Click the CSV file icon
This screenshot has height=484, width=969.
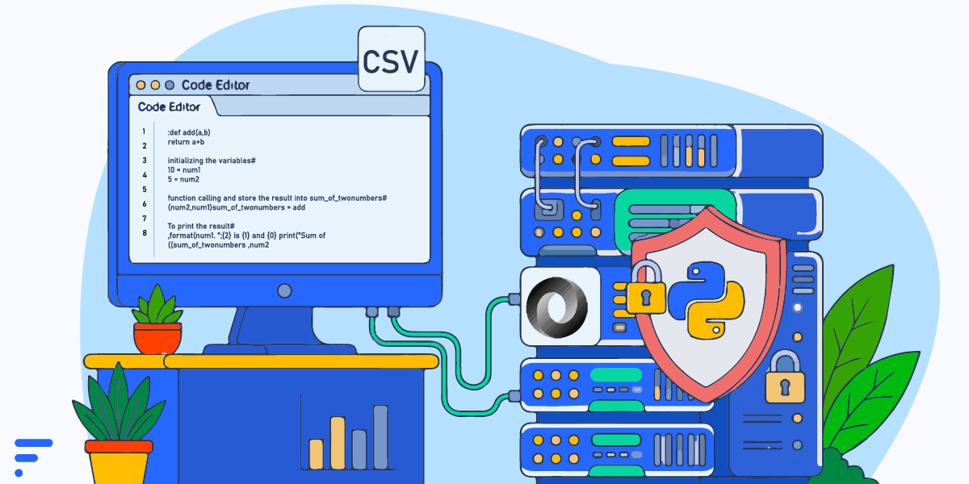[392, 59]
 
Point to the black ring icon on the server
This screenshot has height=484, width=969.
[557, 307]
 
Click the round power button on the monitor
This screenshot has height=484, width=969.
[284, 291]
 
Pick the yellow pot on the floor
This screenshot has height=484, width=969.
[119, 462]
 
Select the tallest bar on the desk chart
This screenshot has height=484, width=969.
[380, 437]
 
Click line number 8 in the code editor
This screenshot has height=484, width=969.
[145, 233]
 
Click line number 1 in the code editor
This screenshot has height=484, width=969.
[144, 131]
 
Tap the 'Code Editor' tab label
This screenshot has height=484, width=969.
[169, 106]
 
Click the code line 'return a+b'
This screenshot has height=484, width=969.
[186, 142]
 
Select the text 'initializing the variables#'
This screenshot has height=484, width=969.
[212, 161]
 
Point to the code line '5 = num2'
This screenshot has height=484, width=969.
[183, 179]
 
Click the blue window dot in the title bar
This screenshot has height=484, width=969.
[170, 86]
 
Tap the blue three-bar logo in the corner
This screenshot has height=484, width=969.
[33, 457]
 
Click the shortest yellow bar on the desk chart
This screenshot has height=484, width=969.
[317, 454]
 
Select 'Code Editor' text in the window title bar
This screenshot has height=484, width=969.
[216, 86]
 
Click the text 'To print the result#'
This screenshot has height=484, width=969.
[201, 226]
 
